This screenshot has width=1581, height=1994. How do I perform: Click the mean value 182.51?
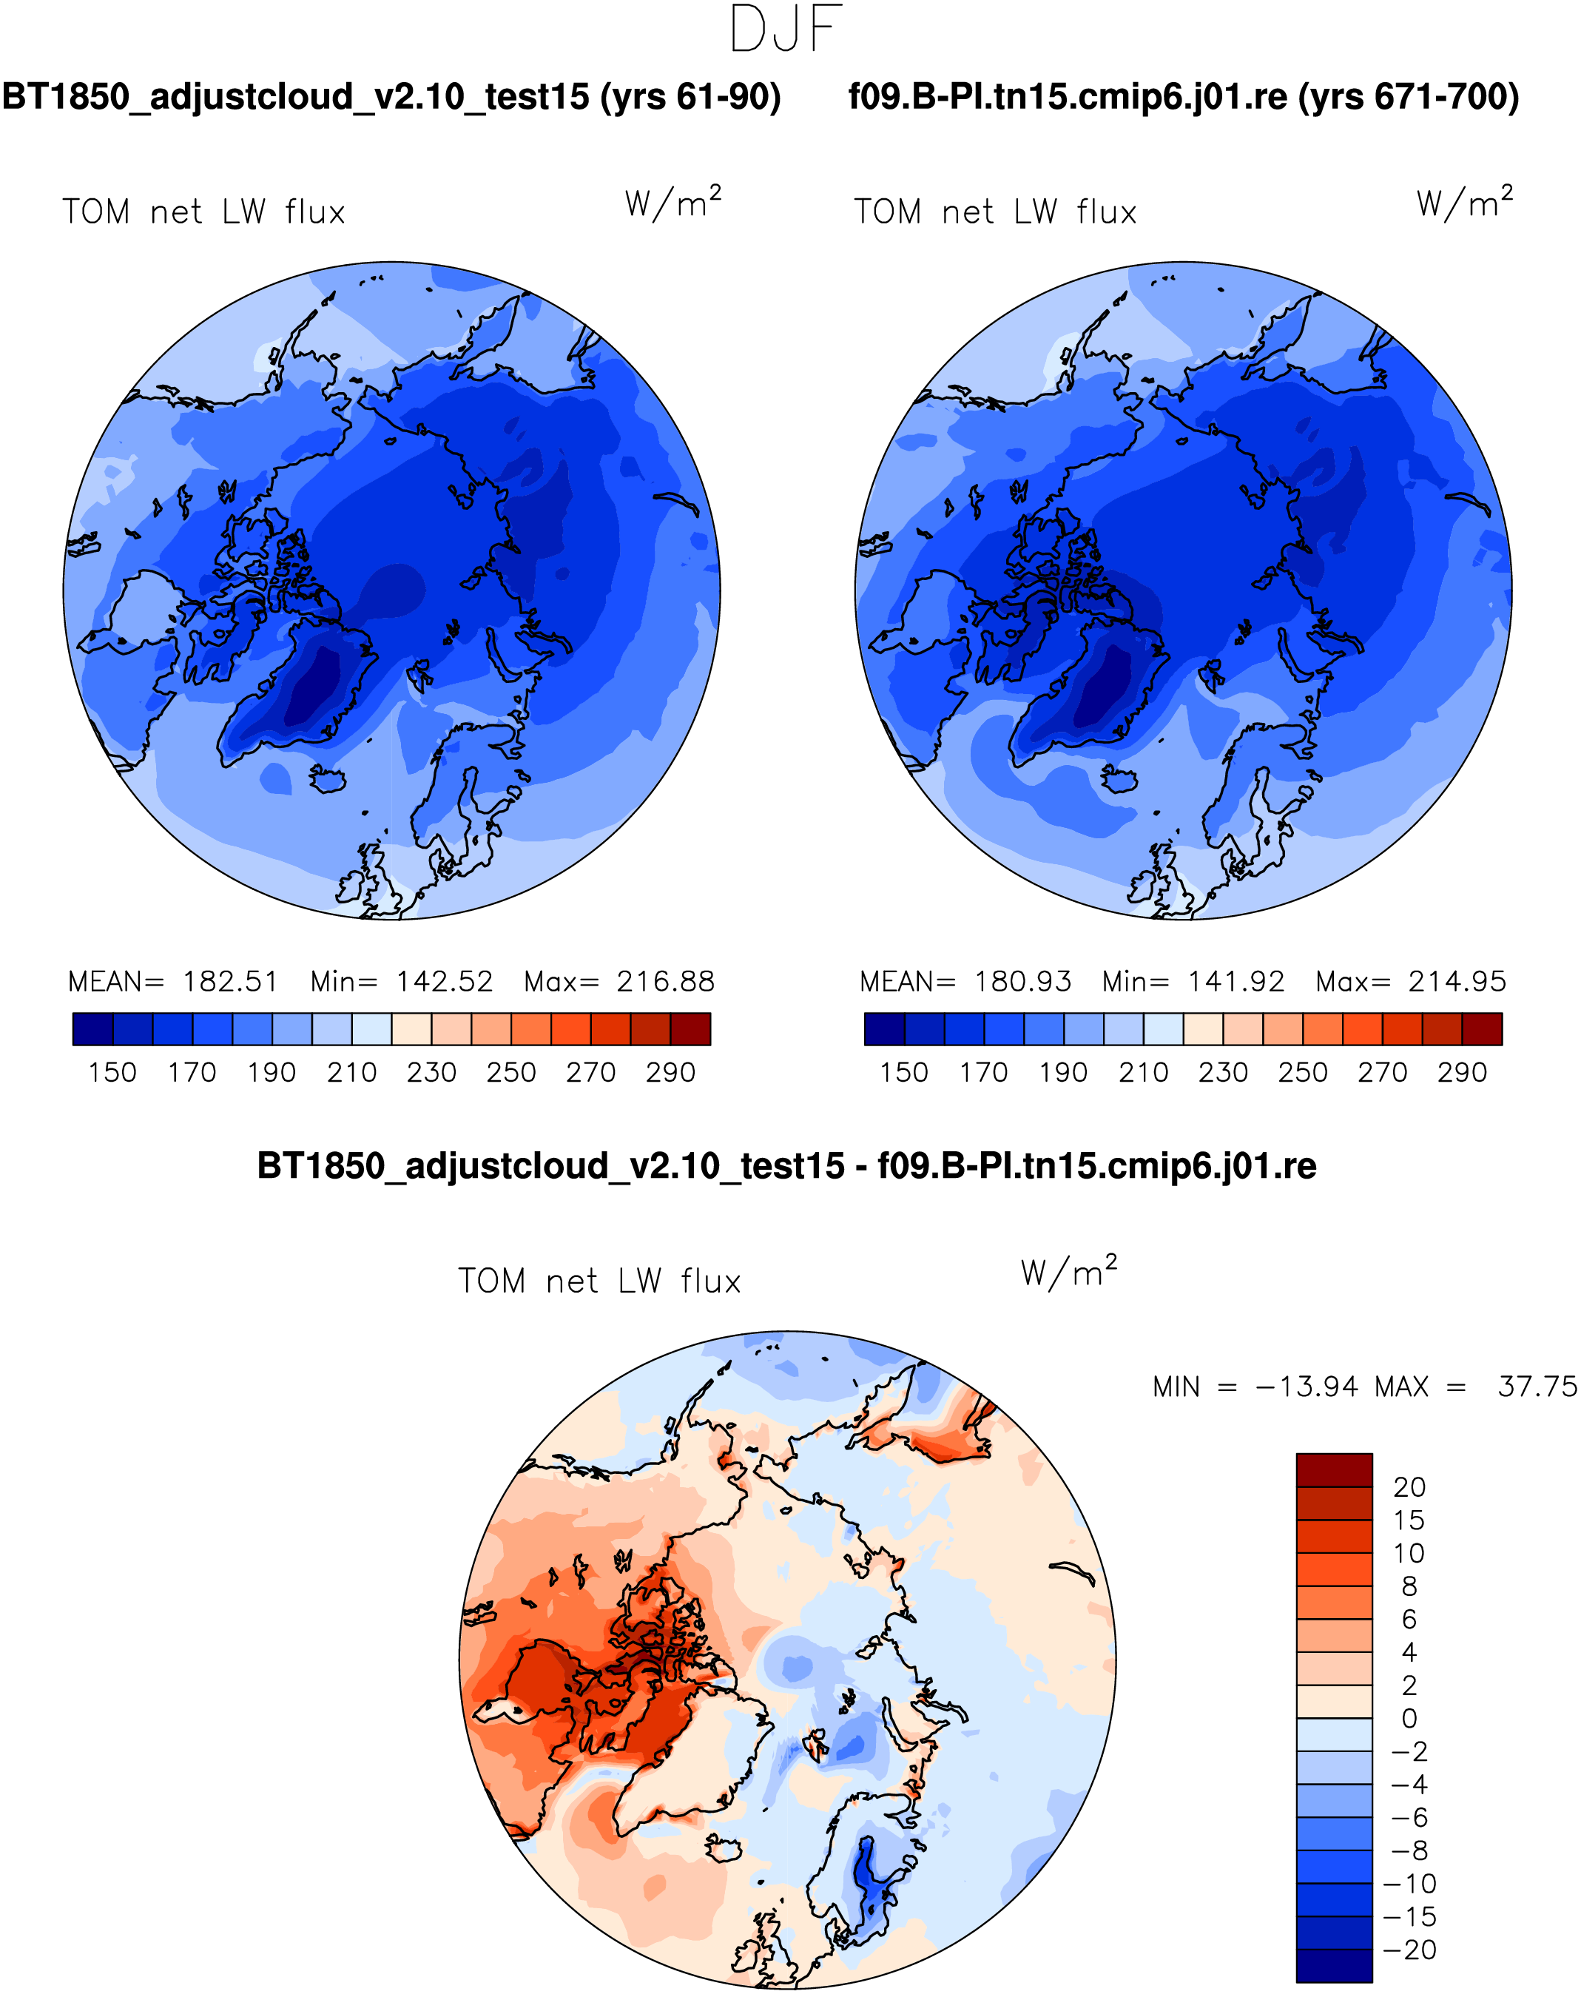[x=229, y=981]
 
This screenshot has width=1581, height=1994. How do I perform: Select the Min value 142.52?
[x=444, y=981]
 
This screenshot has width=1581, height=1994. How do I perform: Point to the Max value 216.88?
[x=666, y=981]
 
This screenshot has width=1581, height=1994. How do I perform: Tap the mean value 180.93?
[x=1022, y=981]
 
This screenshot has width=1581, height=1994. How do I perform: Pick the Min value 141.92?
[x=1236, y=981]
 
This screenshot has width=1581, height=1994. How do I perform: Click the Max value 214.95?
[x=1457, y=981]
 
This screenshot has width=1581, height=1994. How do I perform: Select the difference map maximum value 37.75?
[x=1537, y=1387]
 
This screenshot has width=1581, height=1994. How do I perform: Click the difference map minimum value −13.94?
[x=1307, y=1387]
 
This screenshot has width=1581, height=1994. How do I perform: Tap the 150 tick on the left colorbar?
[x=112, y=1072]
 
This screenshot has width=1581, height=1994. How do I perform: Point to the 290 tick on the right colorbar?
[x=1462, y=1072]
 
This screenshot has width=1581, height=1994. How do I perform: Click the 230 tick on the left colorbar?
[x=431, y=1072]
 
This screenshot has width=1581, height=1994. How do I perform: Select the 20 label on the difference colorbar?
[x=1409, y=1487]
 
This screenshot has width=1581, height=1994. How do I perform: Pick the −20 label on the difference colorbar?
[x=1409, y=1950]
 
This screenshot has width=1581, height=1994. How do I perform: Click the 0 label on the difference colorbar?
[x=1409, y=1718]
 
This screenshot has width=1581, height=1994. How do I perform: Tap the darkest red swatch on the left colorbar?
[x=691, y=1028]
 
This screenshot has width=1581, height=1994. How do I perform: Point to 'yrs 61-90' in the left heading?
[x=691, y=96]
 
